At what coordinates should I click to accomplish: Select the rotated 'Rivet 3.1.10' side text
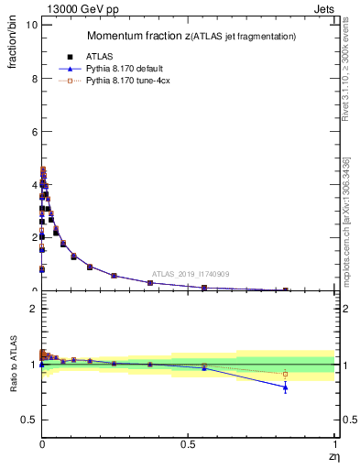(x=346, y=73)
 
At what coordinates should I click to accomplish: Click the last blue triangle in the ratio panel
(x=285, y=387)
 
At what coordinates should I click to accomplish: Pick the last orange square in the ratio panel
(x=285, y=374)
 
